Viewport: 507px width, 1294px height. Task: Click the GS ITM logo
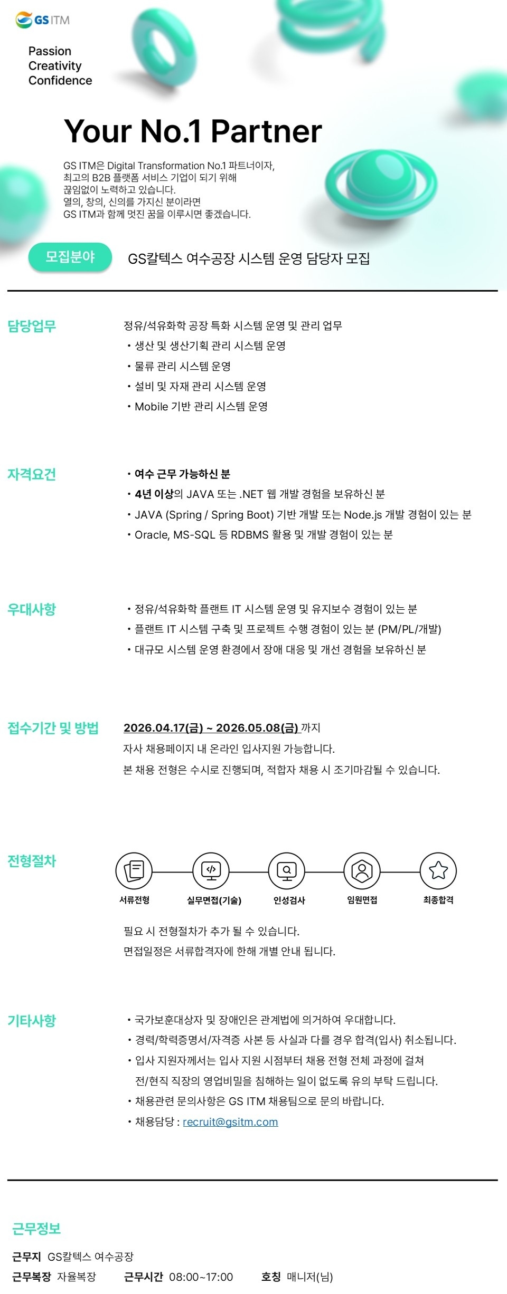coord(43,20)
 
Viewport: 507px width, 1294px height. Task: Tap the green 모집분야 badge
coord(70,257)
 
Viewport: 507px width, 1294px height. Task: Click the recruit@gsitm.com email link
coord(230,1122)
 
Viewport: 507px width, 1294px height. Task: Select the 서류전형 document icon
coord(134,871)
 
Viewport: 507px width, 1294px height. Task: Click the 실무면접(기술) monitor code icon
coord(211,871)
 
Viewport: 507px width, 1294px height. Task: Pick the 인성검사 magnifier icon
coord(287,871)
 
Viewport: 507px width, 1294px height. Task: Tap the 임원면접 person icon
coord(362,871)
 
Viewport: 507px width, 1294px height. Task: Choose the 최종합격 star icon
coord(438,871)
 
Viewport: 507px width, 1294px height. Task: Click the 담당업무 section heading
coord(32,327)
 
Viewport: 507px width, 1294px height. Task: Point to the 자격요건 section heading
coord(32,475)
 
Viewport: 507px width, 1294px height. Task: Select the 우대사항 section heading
coord(32,610)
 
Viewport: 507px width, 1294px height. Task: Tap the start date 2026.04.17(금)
coord(163,728)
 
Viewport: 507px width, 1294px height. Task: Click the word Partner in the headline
coord(266,131)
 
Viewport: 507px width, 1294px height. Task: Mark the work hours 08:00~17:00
coord(201,1277)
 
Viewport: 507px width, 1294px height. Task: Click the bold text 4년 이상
coord(154,494)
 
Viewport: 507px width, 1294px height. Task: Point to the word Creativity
coord(55,66)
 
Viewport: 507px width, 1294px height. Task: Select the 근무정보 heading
coord(36,1229)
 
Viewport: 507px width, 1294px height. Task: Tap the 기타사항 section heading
coord(32,1021)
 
